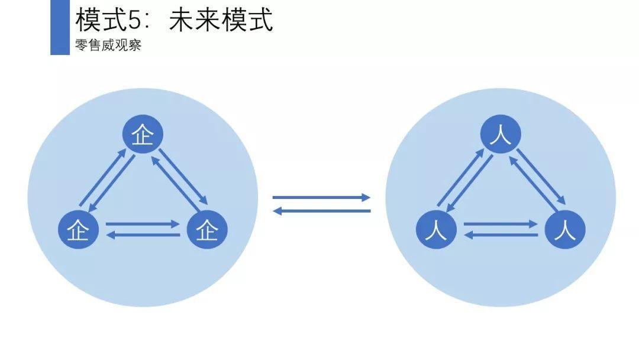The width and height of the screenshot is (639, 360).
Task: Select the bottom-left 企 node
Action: (78, 229)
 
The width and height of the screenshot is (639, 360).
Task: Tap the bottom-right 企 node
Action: (207, 229)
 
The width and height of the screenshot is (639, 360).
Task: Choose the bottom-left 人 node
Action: (436, 229)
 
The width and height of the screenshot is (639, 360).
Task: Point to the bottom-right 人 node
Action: (565, 229)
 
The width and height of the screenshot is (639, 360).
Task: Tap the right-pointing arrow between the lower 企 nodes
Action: (142, 224)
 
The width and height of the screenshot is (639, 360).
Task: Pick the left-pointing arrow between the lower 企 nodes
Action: (142, 235)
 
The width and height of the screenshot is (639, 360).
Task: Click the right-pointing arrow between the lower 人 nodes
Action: (501, 224)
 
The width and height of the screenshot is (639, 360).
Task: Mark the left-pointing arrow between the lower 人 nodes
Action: (501, 235)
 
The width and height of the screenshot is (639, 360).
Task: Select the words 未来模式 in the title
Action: (221, 20)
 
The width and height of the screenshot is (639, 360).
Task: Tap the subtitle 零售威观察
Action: (108, 46)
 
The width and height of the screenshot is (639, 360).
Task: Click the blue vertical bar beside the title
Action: (60, 27)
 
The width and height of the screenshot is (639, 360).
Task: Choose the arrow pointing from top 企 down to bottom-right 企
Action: (183, 175)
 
